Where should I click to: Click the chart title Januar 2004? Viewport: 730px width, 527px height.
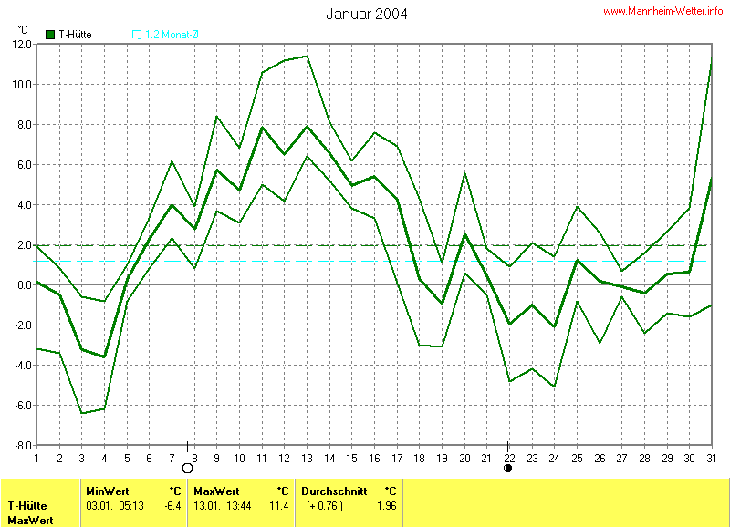[366, 14]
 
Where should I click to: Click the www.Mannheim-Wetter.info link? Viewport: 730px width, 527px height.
[663, 11]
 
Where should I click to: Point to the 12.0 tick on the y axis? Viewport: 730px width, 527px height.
[21, 44]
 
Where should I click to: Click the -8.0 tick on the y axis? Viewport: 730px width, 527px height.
[21, 445]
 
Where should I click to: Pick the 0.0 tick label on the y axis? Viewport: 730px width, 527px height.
[23, 284]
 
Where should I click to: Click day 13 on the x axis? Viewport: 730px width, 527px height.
[307, 457]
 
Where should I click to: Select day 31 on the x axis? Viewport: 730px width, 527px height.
[712, 457]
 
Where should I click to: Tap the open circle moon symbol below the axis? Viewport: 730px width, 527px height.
[188, 469]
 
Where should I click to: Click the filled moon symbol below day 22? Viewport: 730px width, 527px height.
[508, 469]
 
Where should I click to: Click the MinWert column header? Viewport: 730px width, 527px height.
[108, 490]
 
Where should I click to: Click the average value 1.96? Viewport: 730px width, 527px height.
[387, 505]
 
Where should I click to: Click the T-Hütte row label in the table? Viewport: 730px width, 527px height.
[28, 505]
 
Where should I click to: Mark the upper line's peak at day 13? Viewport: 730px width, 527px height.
[307, 57]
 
